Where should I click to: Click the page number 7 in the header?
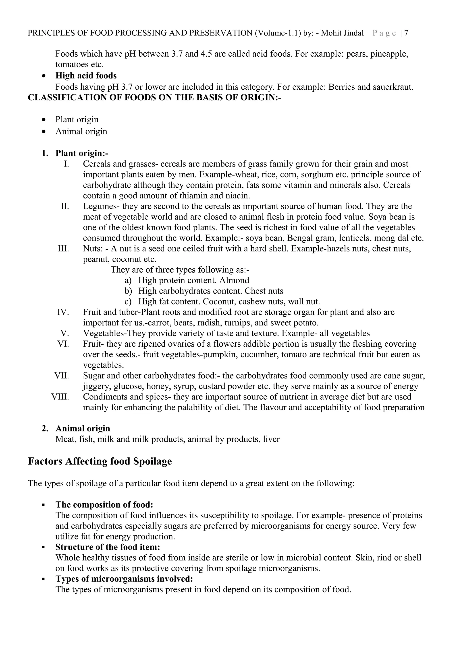406,33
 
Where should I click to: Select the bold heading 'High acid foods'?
86,76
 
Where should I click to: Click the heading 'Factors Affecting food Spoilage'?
100,461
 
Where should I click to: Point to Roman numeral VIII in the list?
60,397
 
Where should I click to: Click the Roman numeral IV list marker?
63,312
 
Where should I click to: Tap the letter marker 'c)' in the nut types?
128,302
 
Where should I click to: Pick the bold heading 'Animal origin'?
83,428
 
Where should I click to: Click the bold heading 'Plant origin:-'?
82,153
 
